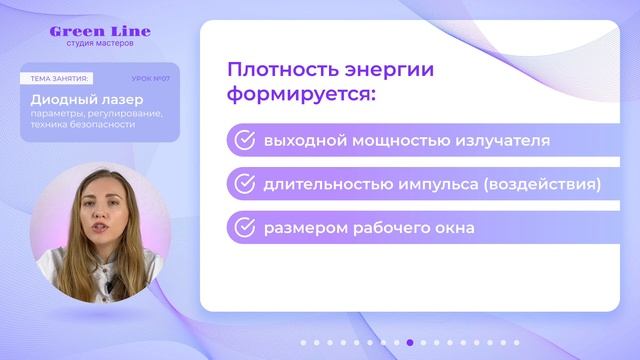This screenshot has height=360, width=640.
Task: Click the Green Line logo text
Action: point(100,31)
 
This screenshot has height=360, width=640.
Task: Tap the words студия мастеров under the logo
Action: point(100,44)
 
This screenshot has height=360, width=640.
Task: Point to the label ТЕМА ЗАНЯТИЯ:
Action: point(60,78)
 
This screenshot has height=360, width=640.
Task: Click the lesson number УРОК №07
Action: point(151,78)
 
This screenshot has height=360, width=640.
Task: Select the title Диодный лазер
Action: point(86,100)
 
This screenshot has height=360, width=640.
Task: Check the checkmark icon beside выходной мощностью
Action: point(243,141)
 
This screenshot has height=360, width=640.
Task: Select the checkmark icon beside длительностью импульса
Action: point(243,184)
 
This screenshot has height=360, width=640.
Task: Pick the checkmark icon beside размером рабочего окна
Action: point(243,227)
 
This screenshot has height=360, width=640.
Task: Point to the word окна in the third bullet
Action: point(454,227)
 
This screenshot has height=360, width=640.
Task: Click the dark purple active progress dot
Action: point(410,342)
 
